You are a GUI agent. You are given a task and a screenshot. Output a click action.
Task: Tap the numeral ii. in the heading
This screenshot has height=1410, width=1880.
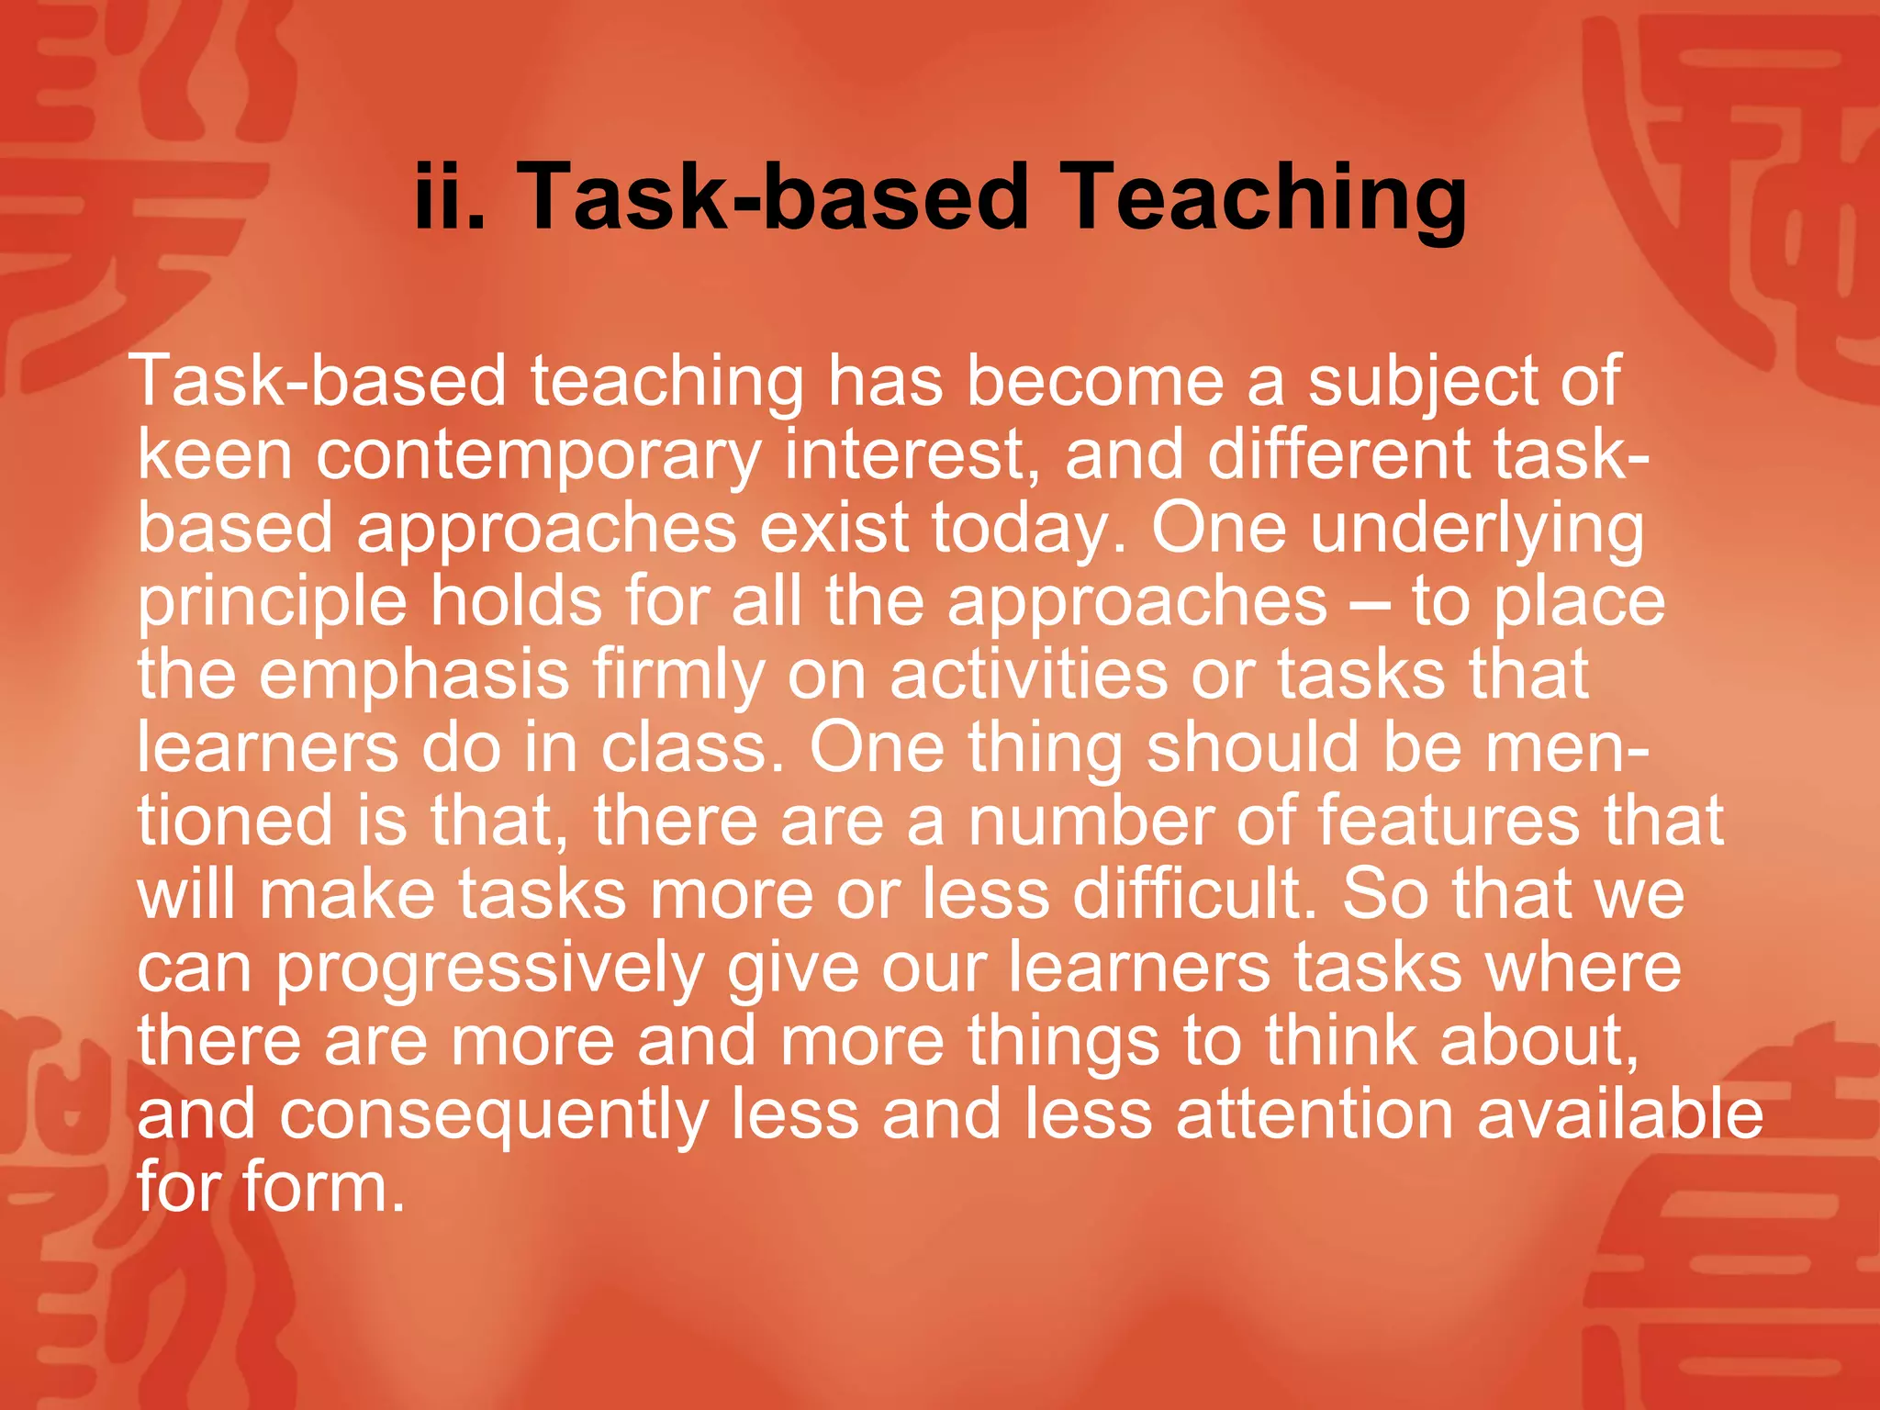point(449,198)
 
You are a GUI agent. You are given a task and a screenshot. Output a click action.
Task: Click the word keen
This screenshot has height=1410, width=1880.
point(215,455)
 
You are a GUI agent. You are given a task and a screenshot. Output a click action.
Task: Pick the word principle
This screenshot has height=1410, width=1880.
point(272,604)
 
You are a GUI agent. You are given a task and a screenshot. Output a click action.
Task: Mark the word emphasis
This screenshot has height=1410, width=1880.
point(414,677)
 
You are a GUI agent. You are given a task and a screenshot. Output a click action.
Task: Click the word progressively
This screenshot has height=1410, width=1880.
point(490,969)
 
